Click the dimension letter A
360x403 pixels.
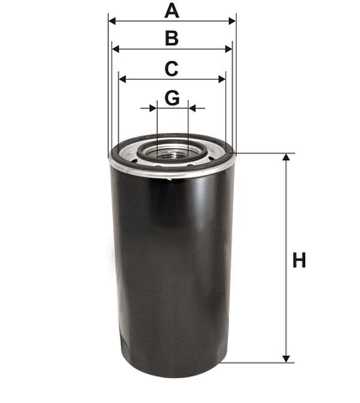coord(172,11)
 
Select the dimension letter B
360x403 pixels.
coord(172,38)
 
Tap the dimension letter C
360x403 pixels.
coord(172,69)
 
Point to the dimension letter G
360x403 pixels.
coord(172,98)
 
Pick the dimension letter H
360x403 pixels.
coord(299,260)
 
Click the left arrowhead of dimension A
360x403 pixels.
coord(112,22)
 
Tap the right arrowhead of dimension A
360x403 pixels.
coord(232,22)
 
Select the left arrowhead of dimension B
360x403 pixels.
coord(116,49)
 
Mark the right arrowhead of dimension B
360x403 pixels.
coord(228,49)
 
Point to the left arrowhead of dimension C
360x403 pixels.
coord(122,79)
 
